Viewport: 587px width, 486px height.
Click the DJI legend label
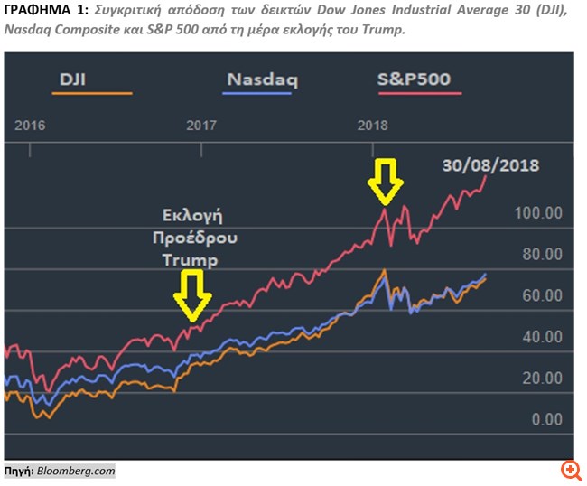pyautogui.click(x=73, y=79)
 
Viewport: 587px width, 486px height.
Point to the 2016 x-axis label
pyautogui.click(x=30, y=125)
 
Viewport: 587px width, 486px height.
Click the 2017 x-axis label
pyautogui.click(x=201, y=125)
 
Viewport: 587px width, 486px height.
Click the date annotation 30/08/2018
pyautogui.click(x=490, y=165)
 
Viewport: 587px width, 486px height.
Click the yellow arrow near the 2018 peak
pyautogui.click(x=386, y=181)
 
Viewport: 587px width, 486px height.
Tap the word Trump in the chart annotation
pyautogui.click(x=191, y=259)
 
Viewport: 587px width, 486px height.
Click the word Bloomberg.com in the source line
pyautogui.click(x=76, y=471)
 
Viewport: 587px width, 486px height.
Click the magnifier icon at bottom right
pyautogui.click(x=570, y=469)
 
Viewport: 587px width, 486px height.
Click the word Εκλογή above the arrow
pyautogui.click(x=192, y=217)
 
